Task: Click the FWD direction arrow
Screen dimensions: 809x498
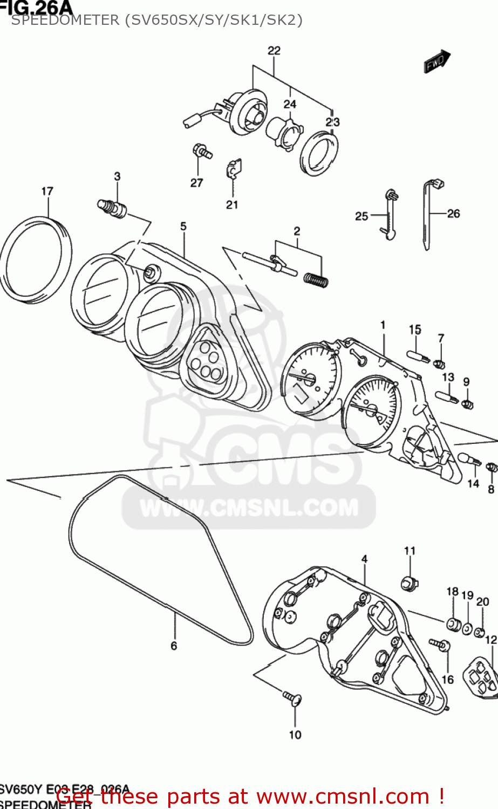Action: (436, 61)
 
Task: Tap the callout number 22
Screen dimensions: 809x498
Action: (274, 51)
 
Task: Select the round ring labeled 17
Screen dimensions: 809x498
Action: (36, 259)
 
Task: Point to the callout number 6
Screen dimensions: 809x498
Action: (174, 646)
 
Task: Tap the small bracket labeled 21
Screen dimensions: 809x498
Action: (233, 169)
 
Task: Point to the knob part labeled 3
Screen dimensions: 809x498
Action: (112, 208)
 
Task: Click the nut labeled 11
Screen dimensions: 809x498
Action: (410, 583)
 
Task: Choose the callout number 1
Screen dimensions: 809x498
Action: (383, 325)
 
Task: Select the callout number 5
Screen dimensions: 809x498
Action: (183, 227)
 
